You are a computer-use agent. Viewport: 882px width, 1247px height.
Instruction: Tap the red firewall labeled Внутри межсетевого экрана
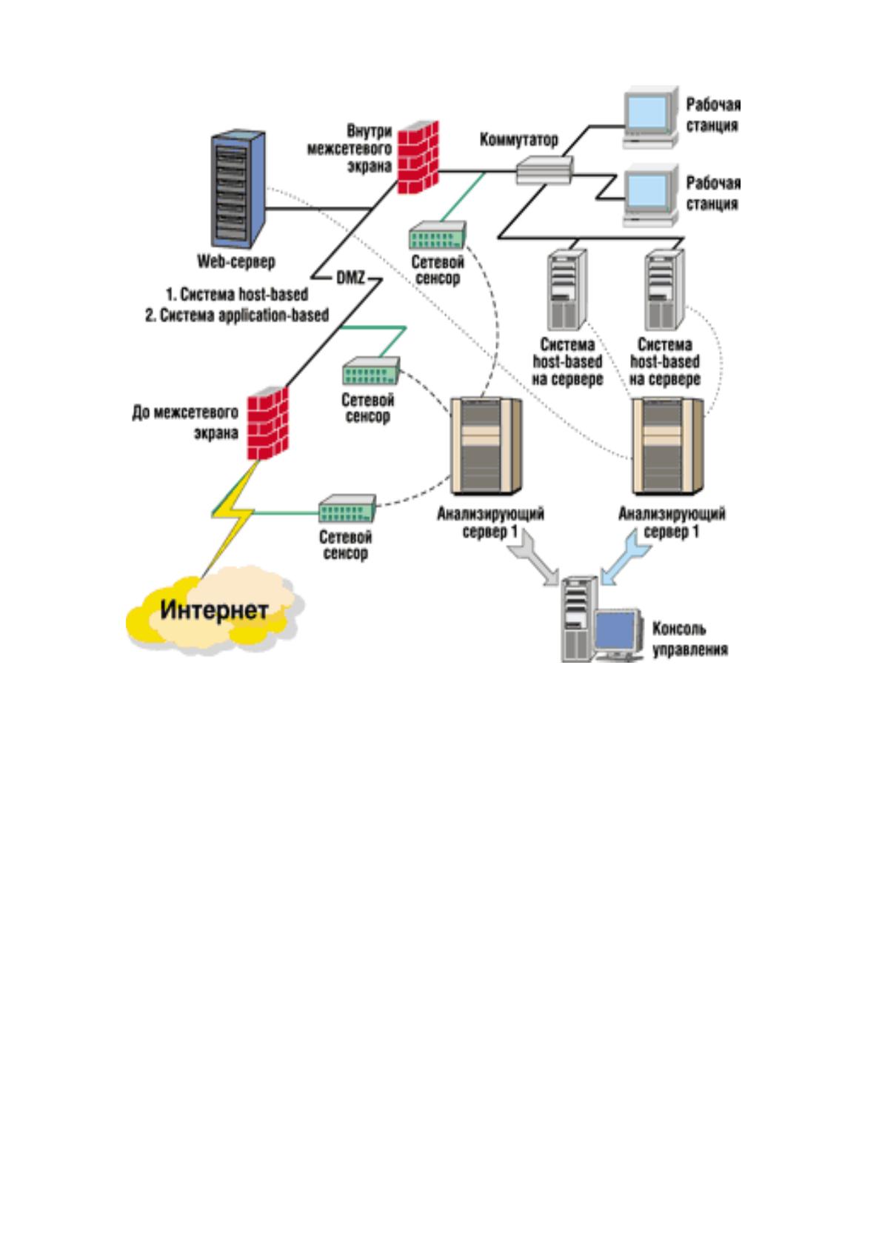418,158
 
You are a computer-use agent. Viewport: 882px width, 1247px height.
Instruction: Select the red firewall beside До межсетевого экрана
267,423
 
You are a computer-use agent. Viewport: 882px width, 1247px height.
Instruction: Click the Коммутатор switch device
544,170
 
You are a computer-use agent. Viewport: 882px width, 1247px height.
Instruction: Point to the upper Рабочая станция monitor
650,118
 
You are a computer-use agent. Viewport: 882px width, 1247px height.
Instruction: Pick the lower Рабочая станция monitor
650,195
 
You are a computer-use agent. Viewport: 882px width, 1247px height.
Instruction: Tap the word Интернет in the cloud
214,610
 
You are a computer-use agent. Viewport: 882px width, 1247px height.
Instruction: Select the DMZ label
350,277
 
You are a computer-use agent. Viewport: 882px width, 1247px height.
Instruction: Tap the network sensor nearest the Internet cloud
347,508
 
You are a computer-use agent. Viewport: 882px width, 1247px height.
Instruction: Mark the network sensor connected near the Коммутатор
438,235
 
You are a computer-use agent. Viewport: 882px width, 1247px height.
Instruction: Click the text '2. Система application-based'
237,315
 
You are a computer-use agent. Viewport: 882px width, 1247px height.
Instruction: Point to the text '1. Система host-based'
237,293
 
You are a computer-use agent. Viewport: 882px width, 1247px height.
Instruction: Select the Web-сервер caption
236,261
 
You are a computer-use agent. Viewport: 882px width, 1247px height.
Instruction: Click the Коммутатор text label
518,139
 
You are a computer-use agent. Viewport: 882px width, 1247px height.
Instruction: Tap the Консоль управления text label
690,638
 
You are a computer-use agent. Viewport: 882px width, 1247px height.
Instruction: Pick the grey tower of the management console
578,619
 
